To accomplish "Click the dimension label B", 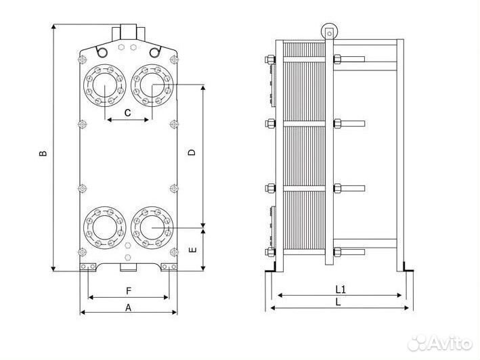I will (x=43, y=153).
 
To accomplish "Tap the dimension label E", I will (x=192, y=250).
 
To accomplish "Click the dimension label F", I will (x=128, y=291).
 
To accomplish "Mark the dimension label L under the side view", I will (x=339, y=302).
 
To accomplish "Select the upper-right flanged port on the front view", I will (x=152, y=85).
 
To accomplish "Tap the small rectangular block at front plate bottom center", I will (x=128, y=267).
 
